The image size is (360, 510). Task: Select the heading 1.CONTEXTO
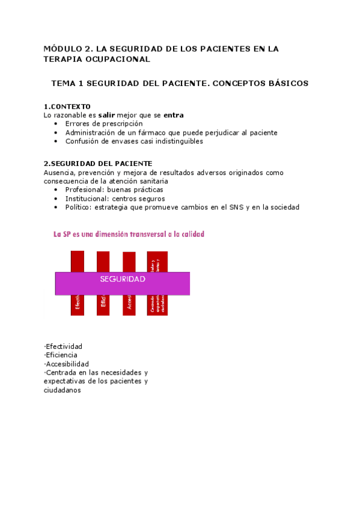(x=67, y=106)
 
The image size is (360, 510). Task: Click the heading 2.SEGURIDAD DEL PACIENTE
(x=98, y=164)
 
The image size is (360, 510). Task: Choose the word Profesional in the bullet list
(x=84, y=189)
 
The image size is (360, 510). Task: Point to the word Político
(x=78, y=207)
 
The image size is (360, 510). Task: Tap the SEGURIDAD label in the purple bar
(x=123, y=280)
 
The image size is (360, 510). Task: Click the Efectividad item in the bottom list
(x=64, y=346)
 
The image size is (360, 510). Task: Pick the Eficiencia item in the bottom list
(x=61, y=355)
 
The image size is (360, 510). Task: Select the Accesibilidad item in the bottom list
(x=67, y=364)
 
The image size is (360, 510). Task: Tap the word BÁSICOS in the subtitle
(x=285, y=84)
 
